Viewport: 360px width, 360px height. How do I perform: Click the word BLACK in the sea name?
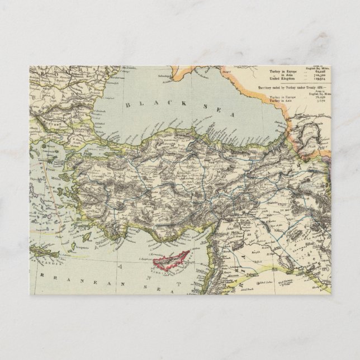pos(140,105)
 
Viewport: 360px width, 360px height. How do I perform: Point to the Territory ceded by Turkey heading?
pos(285,88)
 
